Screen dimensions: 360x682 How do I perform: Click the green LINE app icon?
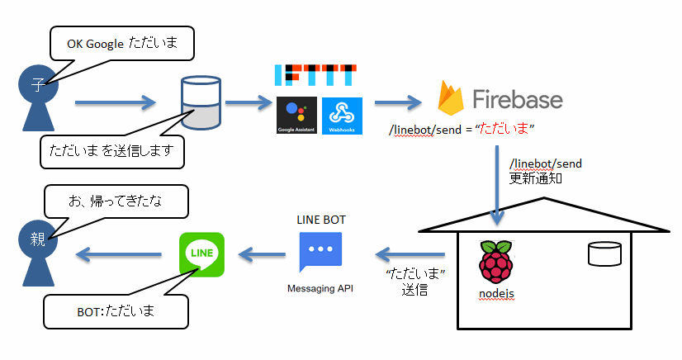(201, 253)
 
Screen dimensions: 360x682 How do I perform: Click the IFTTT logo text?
(315, 74)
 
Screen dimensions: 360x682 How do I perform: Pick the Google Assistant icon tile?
(296, 116)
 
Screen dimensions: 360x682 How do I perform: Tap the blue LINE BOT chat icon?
(319, 252)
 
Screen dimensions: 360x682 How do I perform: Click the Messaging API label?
(320, 288)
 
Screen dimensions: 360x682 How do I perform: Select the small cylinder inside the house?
(604, 253)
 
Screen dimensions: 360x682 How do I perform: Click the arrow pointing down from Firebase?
(497, 186)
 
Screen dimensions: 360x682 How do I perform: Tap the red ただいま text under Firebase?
(504, 130)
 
